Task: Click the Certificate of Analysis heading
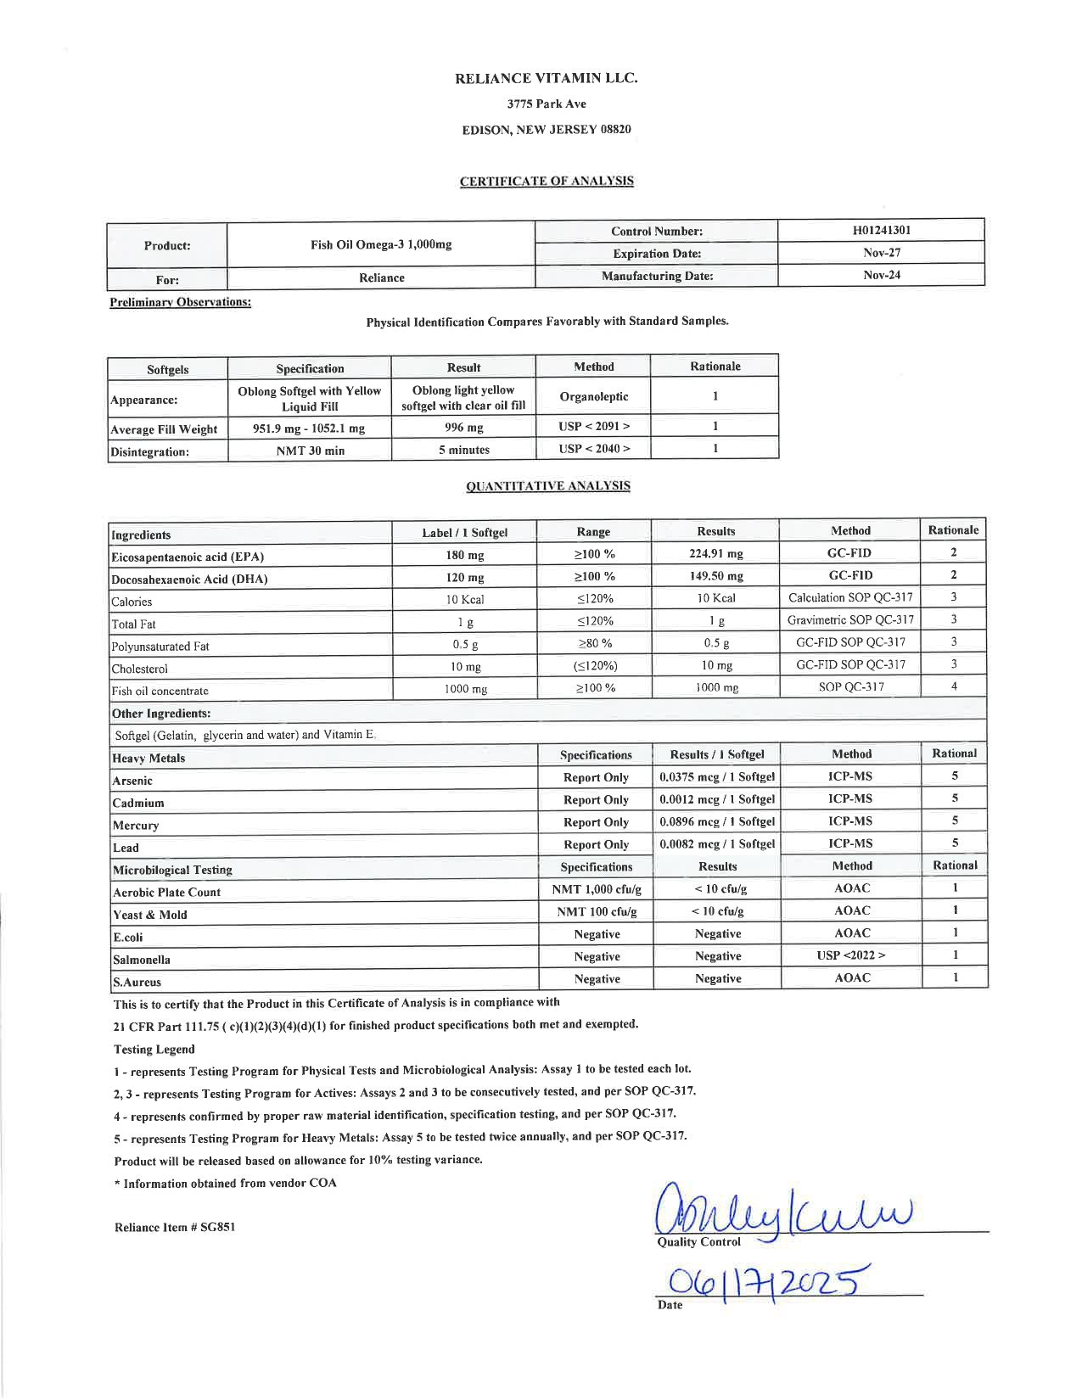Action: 547,181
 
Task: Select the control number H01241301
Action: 882,230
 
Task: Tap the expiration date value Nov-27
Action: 882,253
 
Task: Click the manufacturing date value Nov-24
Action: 882,276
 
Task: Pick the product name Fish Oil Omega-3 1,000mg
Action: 381,244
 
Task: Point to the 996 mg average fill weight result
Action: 463,428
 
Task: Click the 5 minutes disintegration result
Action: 463,450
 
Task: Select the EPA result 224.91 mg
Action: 715,554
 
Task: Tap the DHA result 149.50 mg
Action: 715,576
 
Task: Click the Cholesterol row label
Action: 140,669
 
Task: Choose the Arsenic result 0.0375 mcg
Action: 717,776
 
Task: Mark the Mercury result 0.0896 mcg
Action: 717,821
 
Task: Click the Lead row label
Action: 126,848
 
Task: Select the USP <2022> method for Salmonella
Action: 851,955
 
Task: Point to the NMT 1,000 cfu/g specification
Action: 597,889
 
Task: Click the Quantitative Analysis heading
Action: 548,486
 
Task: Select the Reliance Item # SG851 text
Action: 175,1227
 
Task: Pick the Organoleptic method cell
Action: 593,396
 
